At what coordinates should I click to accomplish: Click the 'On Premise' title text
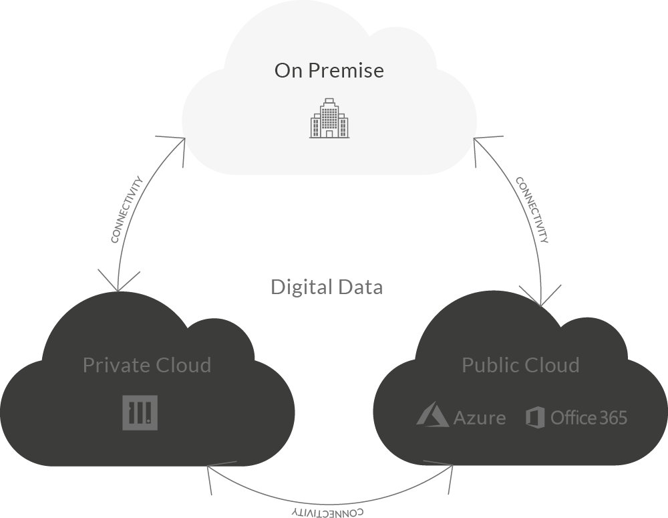[x=329, y=70]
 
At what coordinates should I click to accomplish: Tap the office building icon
[x=329, y=118]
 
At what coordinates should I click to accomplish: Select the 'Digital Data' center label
[x=327, y=287]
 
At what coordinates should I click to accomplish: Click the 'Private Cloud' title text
[x=147, y=365]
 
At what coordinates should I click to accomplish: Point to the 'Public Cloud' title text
[x=520, y=365]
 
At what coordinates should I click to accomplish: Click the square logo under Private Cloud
[x=140, y=412]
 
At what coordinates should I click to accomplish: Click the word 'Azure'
[x=480, y=418]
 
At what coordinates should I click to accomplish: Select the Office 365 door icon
[x=536, y=417]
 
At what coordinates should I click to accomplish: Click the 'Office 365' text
[x=589, y=418]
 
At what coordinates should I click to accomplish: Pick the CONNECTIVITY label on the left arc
[x=127, y=209]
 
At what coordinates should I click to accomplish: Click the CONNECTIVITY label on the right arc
[x=532, y=210]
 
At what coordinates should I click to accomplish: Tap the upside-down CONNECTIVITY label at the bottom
[x=327, y=512]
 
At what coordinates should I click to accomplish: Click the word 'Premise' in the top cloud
[x=347, y=70]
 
